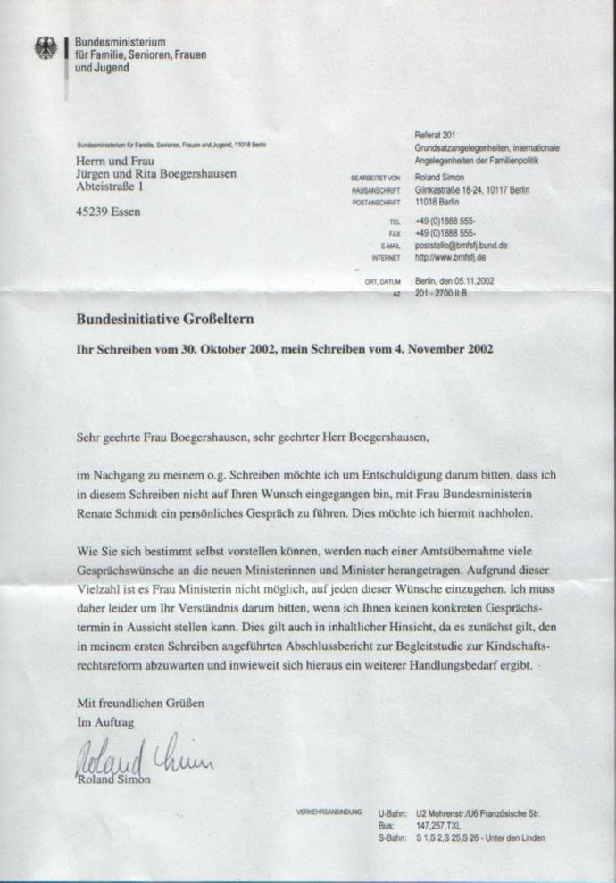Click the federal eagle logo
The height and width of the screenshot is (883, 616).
pyautogui.click(x=45, y=50)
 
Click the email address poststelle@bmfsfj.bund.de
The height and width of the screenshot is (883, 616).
pyautogui.click(x=462, y=245)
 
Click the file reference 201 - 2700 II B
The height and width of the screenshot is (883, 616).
pyautogui.click(x=448, y=293)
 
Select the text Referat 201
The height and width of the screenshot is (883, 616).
pyautogui.click(x=436, y=135)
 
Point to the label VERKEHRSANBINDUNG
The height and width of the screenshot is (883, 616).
pyautogui.click(x=329, y=813)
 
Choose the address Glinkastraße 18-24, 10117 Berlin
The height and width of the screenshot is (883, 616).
pyautogui.click(x=472, y=191)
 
